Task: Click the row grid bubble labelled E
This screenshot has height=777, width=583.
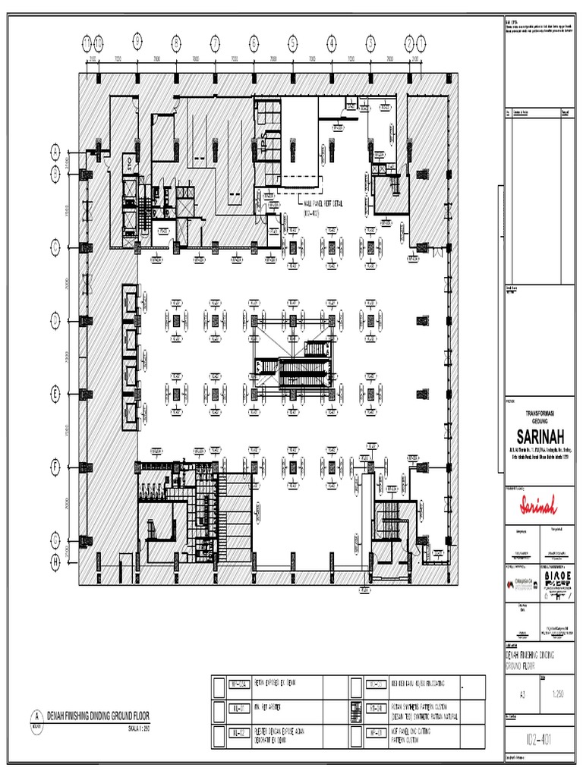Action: pos(55,392)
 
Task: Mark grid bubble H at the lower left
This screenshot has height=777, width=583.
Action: pos(55,562)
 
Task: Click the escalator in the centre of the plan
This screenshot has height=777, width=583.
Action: pos(293,367)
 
